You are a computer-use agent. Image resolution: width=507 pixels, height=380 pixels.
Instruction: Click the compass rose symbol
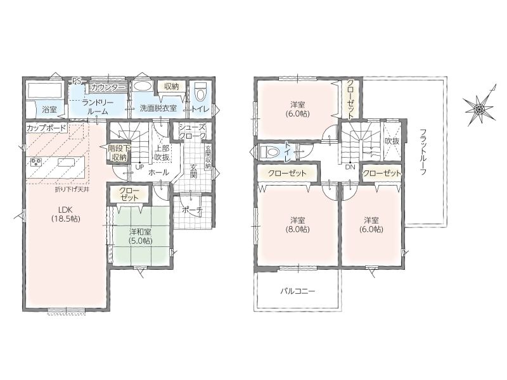478,109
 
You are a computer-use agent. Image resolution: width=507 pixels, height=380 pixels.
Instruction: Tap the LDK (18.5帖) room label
65,213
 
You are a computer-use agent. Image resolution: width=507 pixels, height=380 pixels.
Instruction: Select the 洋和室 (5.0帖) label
141,236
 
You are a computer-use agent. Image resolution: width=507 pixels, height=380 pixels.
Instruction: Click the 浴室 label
49,109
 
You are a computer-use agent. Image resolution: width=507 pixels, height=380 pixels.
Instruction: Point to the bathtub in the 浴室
45,90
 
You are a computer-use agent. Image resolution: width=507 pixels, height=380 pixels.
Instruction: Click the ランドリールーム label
97,107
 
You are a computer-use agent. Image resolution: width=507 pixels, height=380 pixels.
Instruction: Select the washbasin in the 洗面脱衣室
141,86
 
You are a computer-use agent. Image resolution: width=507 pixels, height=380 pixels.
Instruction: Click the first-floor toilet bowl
200,92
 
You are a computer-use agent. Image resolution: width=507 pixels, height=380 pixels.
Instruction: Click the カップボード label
46,128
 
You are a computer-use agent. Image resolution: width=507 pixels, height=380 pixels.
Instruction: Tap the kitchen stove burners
35,162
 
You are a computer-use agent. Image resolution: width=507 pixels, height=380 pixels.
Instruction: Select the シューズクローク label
193,132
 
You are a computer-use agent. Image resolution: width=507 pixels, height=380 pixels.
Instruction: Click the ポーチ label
192,210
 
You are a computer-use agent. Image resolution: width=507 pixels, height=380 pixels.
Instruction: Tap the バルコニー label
297,291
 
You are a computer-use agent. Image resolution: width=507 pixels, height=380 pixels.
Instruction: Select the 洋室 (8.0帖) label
297,225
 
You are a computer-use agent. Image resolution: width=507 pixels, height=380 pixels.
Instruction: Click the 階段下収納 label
119,153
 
